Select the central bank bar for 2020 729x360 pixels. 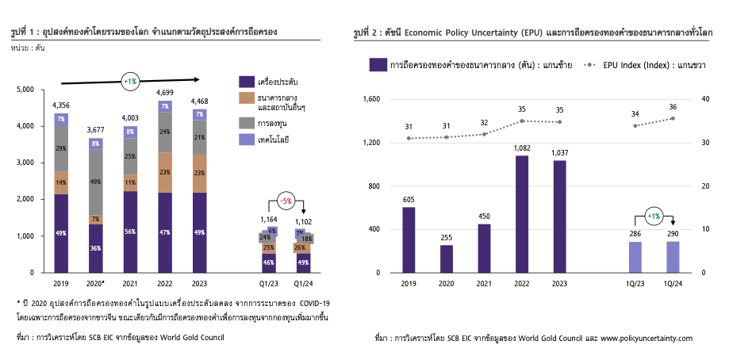point(447,259)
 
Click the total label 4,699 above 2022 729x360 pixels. point(165,93)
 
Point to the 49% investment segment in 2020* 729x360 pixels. point(95,182)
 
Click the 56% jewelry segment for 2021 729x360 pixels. point(130,232)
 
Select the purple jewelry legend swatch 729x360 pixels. point(245,82)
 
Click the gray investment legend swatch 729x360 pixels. point(245,123)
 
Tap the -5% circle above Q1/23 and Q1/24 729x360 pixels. point(286,201)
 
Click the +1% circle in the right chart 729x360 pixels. point(652,216)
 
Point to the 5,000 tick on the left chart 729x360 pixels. point(25,90)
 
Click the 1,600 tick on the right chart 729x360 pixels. point(371,99)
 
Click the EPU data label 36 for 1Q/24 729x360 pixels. point(673,107)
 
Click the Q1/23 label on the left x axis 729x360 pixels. point(268,282)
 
